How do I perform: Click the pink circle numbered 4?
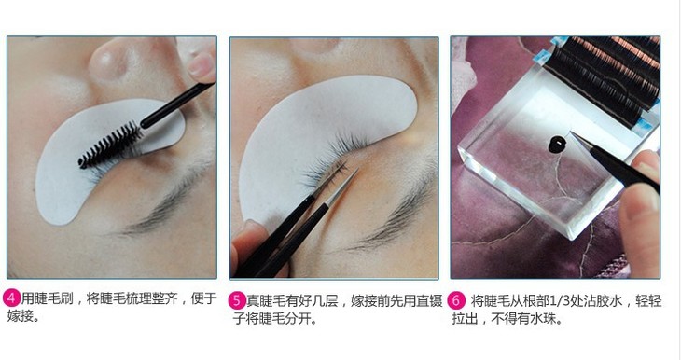(12, 298)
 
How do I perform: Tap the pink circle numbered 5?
(237, 301)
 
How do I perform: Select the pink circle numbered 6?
(456, 300)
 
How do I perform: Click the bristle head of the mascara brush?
(110, 145)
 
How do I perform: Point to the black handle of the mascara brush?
(177, 105)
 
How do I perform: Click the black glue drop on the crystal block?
(557, 144)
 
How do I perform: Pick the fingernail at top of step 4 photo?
(201, 63)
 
